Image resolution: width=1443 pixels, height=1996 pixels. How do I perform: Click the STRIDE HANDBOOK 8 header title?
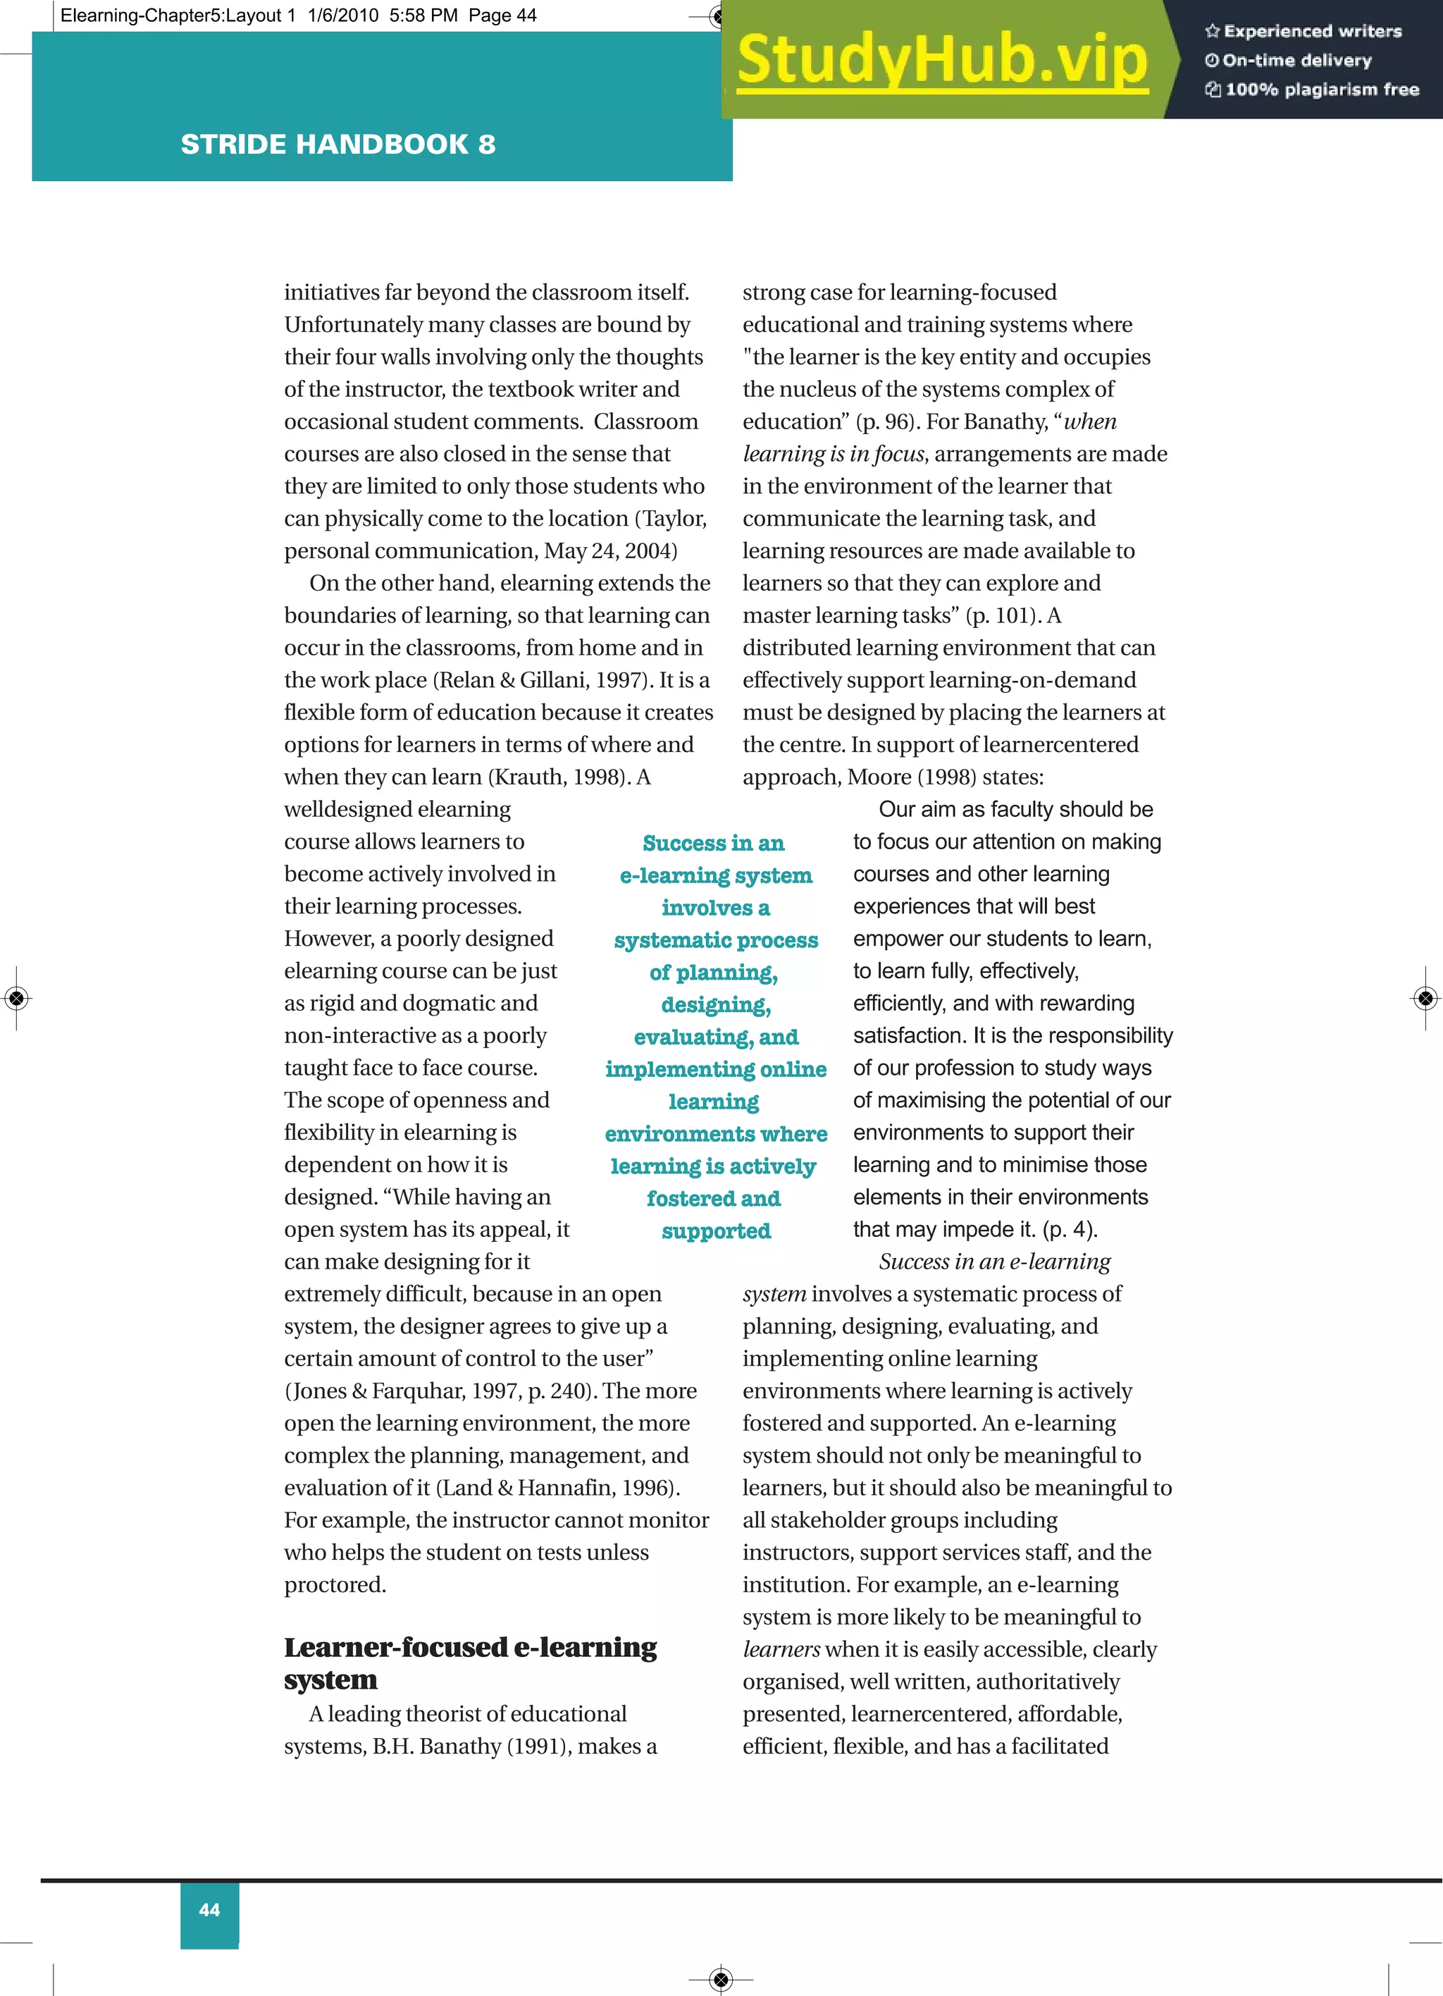click(x=338, y=144)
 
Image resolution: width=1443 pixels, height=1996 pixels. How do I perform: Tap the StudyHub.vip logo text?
click(x=942, y=60)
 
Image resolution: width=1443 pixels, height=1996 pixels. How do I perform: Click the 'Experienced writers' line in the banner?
click(x=1304, y=31)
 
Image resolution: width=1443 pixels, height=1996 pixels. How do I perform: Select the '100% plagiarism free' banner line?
click(x=1313, y=89)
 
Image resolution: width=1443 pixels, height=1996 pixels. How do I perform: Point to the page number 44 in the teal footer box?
click(x=209, y=1910)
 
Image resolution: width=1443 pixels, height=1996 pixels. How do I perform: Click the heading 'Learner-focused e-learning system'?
click(x=470, y=1663)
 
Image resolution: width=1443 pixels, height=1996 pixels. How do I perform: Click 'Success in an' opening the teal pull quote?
click(x=713, y=843)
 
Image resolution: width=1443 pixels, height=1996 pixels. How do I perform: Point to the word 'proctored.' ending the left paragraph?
click(x=335, y=1585)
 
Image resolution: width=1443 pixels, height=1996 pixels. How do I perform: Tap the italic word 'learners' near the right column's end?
click(x=781, y=1649)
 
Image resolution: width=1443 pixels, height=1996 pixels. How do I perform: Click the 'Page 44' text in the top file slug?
click(x=502, y=15)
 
